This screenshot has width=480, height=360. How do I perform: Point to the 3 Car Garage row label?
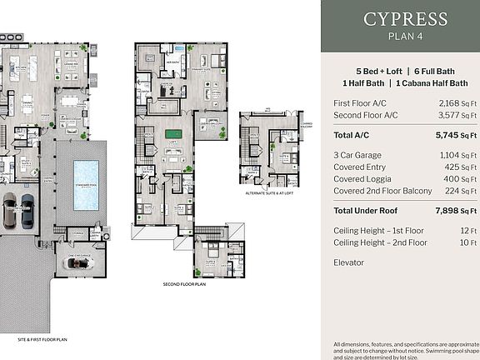(x=357, y=155)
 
